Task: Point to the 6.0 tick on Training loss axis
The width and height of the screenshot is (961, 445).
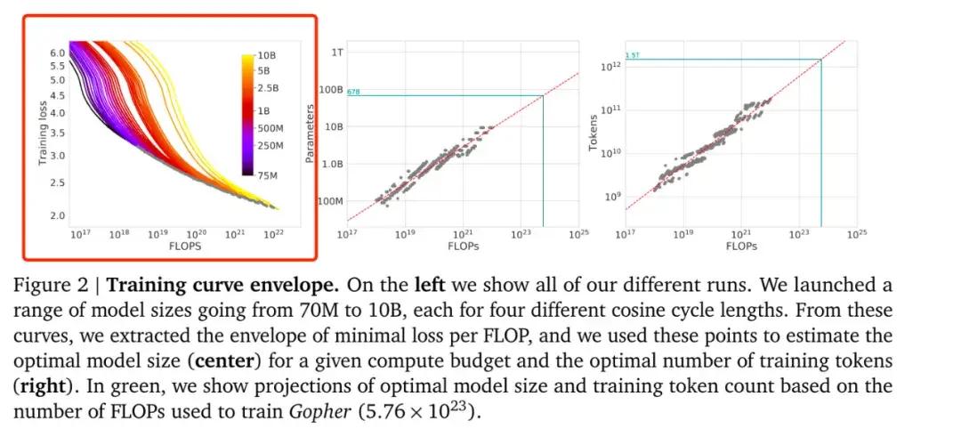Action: click(x=58, y=53)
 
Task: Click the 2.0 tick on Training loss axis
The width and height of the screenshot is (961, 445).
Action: click(x=58, y=215)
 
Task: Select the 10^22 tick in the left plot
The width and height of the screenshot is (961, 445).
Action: click(x=272, y=234)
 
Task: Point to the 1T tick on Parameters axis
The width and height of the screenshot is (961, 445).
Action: click(x=336, y=53)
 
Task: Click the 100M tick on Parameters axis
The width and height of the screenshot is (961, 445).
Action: click(x=329, y=202)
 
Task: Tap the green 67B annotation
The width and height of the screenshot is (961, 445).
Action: click(x=353, y=92)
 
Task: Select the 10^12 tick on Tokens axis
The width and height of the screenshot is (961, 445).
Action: click(x=610, y=66)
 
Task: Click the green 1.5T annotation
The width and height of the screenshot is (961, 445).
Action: click(x=633, y=56)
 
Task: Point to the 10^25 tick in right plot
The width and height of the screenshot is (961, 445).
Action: click(x=856, y=234)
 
